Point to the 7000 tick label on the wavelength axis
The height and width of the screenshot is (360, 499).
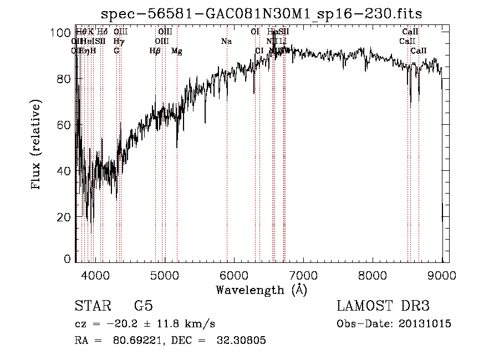(303, 274)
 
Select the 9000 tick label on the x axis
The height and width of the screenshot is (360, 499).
(441, 274)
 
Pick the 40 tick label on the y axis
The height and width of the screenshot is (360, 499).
(65, 171)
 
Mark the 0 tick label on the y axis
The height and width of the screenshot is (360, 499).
(68, 258)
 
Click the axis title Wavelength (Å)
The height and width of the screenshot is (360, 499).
(261, 290)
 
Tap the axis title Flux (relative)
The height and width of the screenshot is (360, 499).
(37, 145)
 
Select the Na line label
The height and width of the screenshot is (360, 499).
(226, 42)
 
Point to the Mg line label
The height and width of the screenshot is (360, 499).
(176, 51)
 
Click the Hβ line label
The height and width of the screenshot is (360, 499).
(155, 51)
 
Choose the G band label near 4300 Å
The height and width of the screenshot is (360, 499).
(116, 51)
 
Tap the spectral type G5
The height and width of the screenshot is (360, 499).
(144, 306)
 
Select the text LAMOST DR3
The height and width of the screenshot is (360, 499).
(383, 306)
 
